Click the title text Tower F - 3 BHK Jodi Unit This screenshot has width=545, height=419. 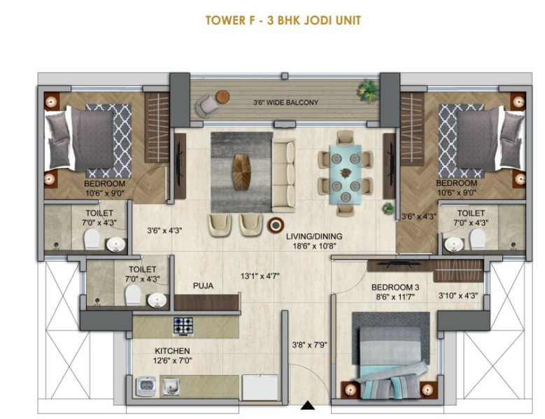(x=283, y=20)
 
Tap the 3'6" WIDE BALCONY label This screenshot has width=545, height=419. (x=285, y=103)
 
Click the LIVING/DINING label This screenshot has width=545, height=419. (x=314, y=236)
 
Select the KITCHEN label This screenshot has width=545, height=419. (x=172, y=351)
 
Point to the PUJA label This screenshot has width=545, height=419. (x=203, y=286)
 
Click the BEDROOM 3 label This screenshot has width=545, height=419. (x=395, y=287)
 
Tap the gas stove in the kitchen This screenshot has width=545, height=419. (x=183, y=327)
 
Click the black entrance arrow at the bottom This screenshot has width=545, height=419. (x=308, y=406)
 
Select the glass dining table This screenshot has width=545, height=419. (x=346, y=173)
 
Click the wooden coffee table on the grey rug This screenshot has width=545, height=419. (x=242, y=172)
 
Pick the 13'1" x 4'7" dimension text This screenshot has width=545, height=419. (x=260, y=276)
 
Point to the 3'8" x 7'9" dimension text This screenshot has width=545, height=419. (x=310, y=345)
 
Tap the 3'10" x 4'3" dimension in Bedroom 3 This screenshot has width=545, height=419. (x=458, y=296)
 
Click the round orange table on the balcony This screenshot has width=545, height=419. (x=222, y=97)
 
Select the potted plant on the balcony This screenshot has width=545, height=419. (x=368, y=90)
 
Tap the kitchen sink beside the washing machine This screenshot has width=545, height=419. (x=171, y=386)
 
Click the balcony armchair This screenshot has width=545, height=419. (x=206, y=106)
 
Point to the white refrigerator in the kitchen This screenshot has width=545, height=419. (x=260, y=387)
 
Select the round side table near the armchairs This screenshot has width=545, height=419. (x=276, y=225)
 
